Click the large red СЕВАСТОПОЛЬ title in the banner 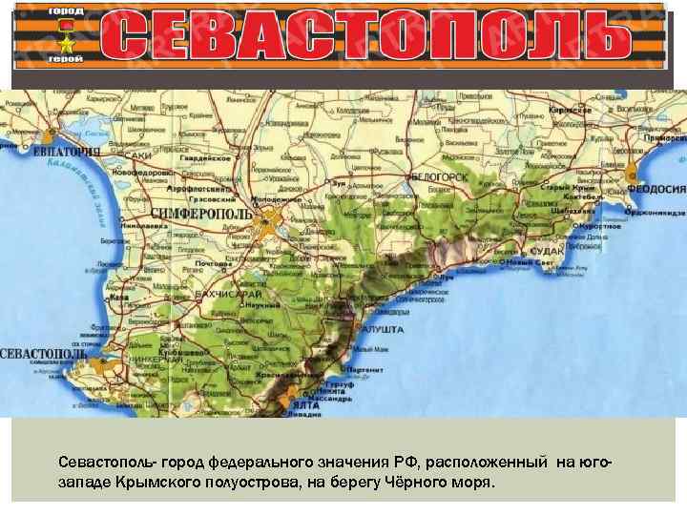click(366, 35)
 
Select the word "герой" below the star click(66, 58)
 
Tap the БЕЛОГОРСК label click(441, 177)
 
